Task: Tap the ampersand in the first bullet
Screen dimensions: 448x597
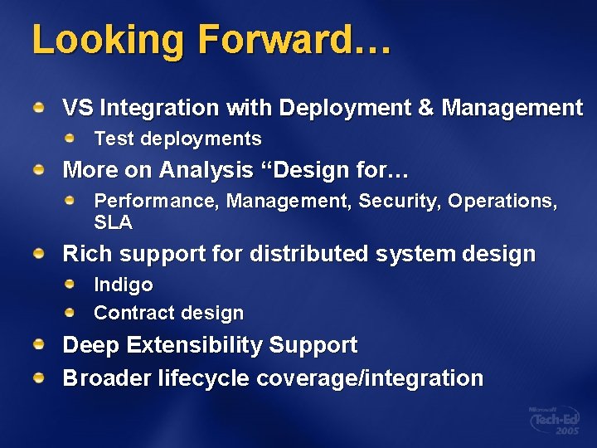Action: [x=425, y=108]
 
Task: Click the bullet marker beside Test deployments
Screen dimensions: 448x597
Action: [x=73, y=137]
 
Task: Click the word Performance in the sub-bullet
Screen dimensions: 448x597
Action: [x=157, y=202]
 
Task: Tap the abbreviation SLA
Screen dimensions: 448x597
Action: [x=113, y=222]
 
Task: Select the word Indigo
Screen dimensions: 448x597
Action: [x=124, y=285]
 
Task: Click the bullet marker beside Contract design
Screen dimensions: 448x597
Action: [x=73, y=312]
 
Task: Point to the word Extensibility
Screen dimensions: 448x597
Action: [x=198, y=345]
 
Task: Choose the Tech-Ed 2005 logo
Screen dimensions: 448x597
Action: [x=555, y=421]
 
